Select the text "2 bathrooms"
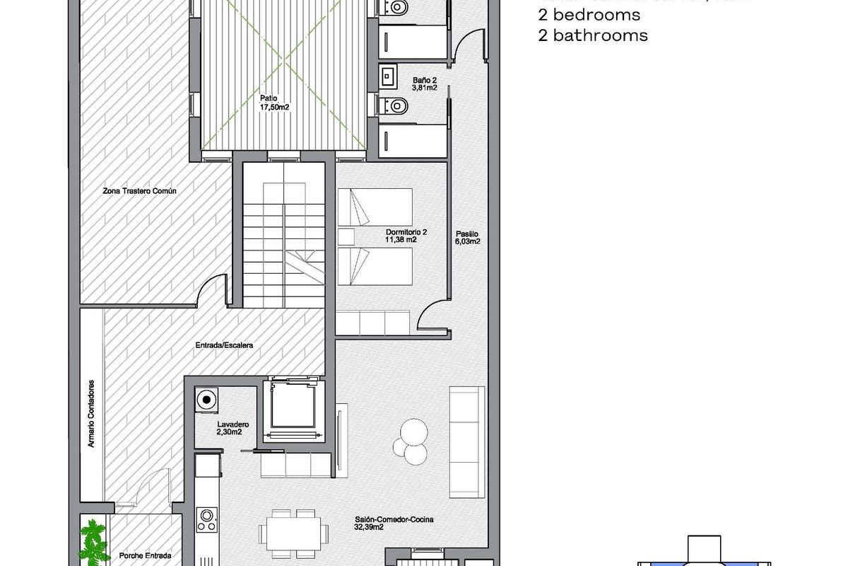592,35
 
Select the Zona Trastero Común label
139,190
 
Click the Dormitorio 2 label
406,232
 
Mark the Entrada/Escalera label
224,346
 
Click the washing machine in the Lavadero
206,400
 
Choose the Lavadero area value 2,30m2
230,432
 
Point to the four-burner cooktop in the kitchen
207,521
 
